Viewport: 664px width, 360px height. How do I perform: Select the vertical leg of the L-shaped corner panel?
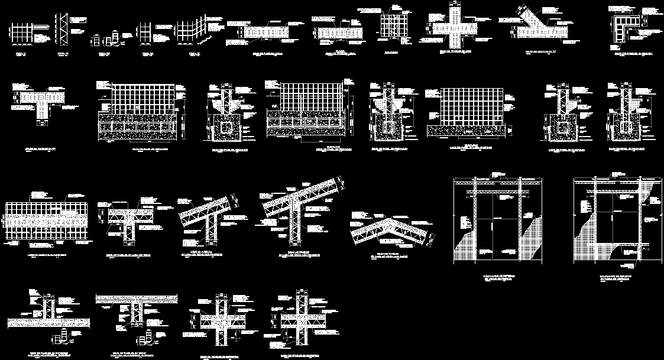(617, 31)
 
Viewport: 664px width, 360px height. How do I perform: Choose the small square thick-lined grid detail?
(393, 27)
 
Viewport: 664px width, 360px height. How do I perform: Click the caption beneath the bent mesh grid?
(193, 53)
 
